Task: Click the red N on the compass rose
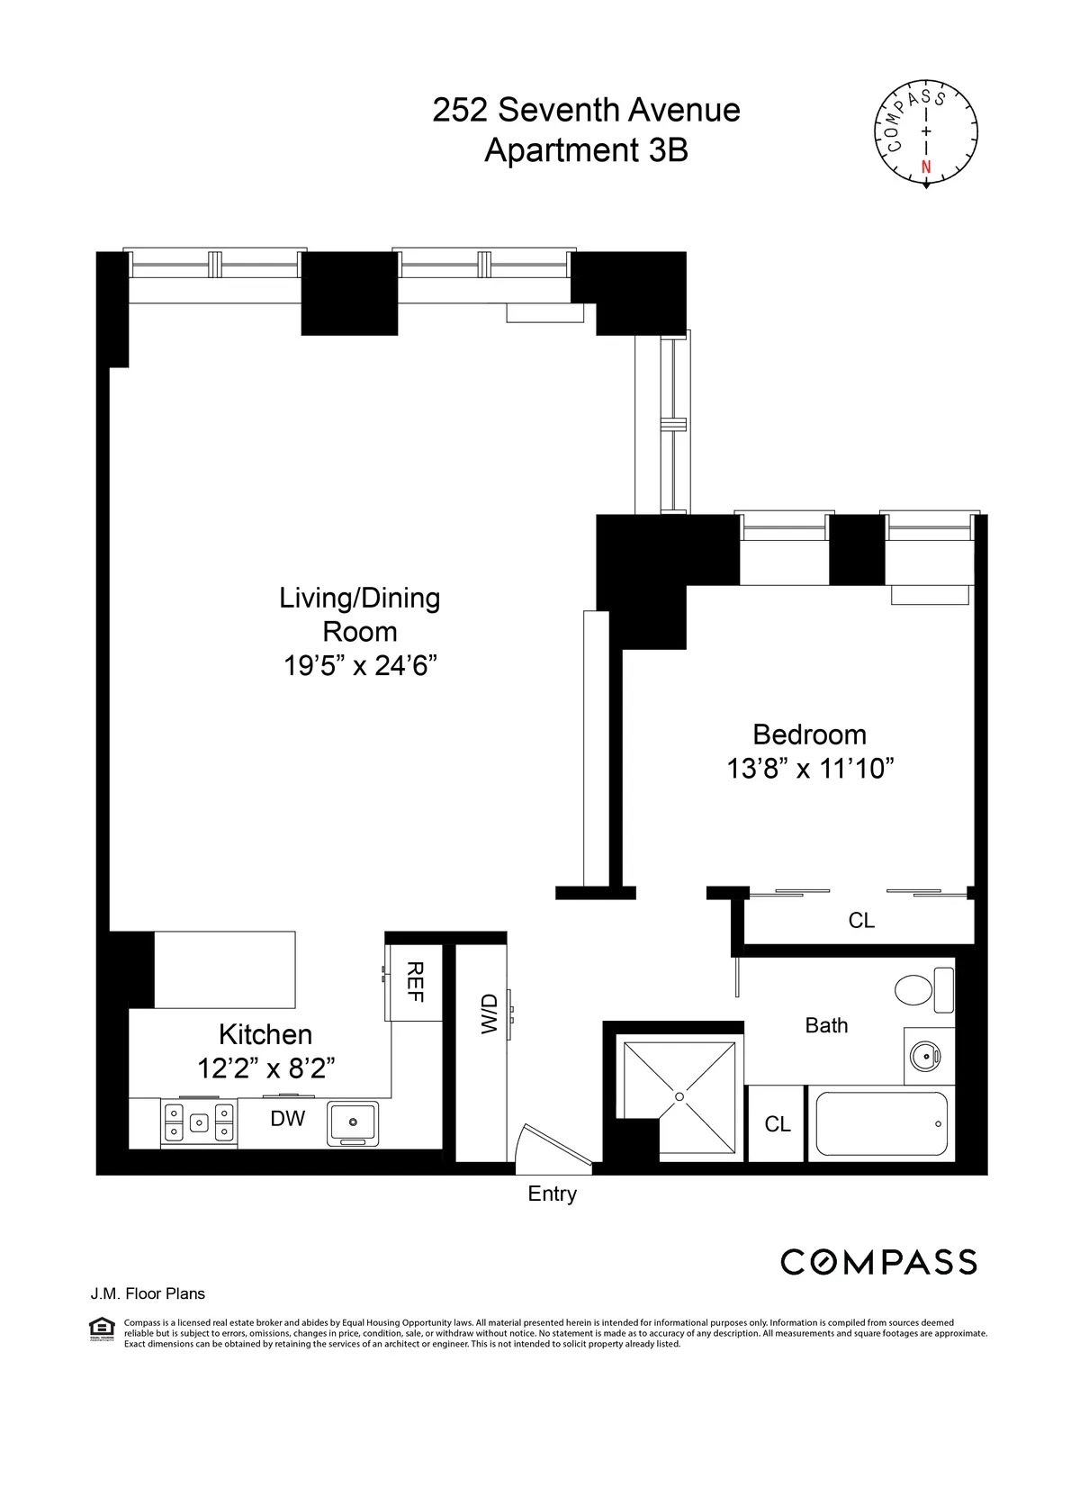point(926,167)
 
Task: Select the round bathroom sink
point(923,1055)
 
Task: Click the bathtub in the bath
point(881,1123)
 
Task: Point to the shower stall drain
point(679,1096)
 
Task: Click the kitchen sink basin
point(354,1122)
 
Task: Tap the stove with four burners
point(199,1122)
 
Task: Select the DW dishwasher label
point(288,1118)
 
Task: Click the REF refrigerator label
point(415,982)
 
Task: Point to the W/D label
point(489,1014)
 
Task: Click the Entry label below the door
point(552,1194)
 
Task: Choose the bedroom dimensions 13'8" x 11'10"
point(810,769)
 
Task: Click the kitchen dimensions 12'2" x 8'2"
point(265,1068)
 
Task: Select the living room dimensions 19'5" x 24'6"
point(360,665)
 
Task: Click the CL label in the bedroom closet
point(861,920)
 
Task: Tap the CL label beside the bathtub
point(778,1124)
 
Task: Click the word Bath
point(826,1025)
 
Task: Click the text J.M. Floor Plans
point(148,1293)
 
